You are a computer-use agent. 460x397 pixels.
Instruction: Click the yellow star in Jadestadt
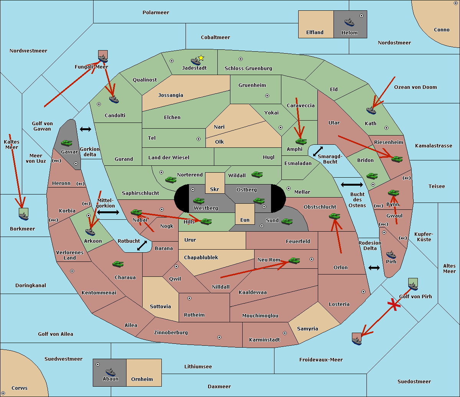click(201, 58)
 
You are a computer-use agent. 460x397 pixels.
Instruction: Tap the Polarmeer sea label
click(156, 13)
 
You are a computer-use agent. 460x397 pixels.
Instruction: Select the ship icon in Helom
click(349, 22)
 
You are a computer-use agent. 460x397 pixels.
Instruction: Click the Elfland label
click(315, 33)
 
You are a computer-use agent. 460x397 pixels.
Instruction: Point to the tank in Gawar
click(67, 143)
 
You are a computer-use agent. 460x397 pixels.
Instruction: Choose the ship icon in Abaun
click(110, 372)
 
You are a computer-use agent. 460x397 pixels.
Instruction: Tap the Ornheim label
click(142, 379)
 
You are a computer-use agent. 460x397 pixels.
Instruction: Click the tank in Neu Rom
click(294, 261)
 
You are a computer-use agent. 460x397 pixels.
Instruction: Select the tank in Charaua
click(118, 264)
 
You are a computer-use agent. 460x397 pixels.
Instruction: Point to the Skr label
click(215, 189)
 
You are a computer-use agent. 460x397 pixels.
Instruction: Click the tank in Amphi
click(301, 142)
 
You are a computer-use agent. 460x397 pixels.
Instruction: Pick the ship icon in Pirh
click(391, 255)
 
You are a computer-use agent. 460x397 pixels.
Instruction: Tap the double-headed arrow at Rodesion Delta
click(374, 268)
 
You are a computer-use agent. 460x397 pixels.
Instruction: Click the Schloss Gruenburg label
click(248, 69)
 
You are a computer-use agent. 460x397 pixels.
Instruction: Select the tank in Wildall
click(257, 175)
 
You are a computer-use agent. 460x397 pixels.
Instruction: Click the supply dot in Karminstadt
click(285, 333)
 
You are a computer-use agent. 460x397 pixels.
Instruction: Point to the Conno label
click(442, 30)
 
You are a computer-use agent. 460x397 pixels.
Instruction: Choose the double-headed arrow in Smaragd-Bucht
click(318, 151)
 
